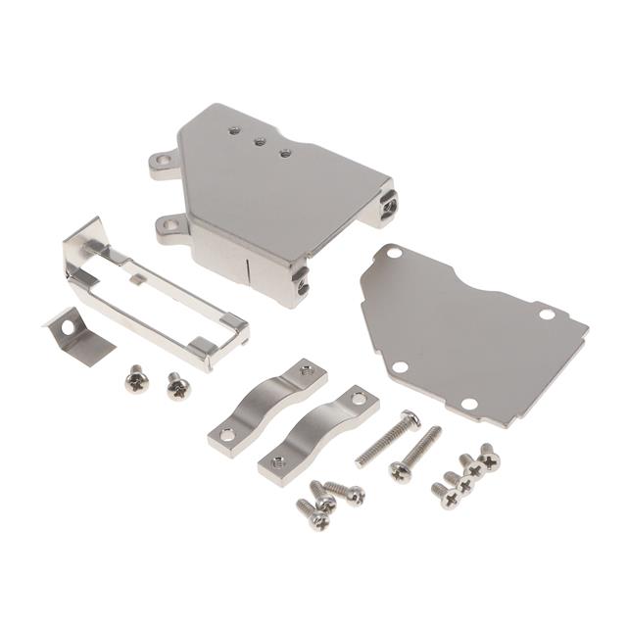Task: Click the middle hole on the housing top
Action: [x=260, y=141]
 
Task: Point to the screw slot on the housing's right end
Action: [x=390, y=206]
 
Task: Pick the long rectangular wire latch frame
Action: [x=157, y=294]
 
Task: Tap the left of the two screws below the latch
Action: [x=136, y=377]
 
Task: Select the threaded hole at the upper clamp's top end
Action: [x=307, y=369]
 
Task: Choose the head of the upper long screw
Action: [x=410, y=419]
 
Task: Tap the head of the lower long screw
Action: [x=399, y=472]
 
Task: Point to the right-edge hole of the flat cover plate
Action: [x=546, y=314]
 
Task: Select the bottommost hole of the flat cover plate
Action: [x=468, y=404]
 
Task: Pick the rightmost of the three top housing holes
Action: [x=285, y=153]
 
